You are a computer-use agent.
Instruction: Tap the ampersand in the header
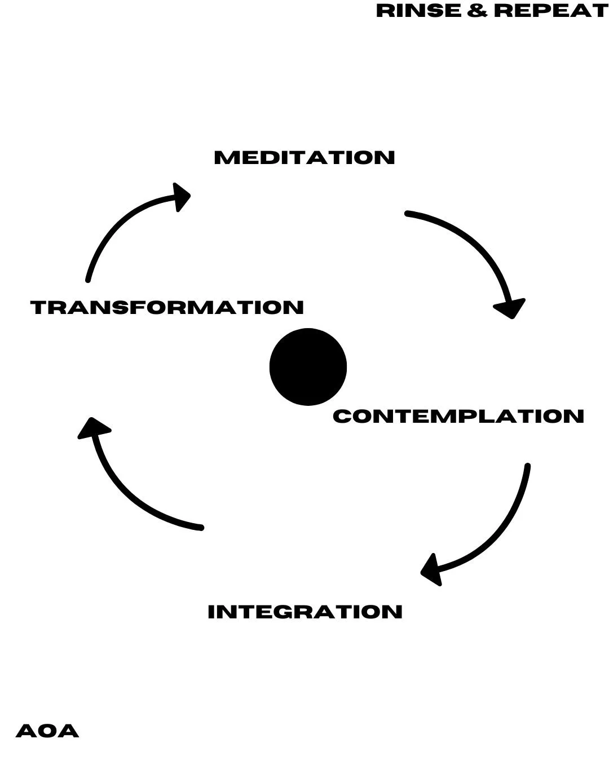point(477,11)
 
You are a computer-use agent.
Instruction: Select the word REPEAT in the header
point(550,11)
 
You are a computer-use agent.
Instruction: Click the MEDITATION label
point(304,158)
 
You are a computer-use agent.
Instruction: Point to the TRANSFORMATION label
point(167,308)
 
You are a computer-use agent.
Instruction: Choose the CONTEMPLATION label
point(458,417)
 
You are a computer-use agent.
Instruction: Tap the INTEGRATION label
point(305,612)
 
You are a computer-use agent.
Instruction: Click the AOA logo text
point(47,731)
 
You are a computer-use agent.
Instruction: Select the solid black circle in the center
point(308,367)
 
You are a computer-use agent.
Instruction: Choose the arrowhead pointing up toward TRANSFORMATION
point(93,428)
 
